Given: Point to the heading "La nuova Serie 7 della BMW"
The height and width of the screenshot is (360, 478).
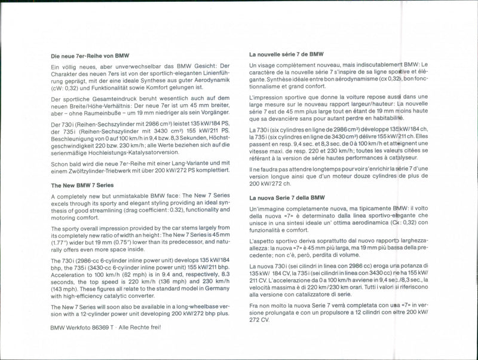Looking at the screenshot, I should [287, 197].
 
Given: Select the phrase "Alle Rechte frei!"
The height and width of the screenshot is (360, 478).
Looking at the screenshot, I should [141, 327].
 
